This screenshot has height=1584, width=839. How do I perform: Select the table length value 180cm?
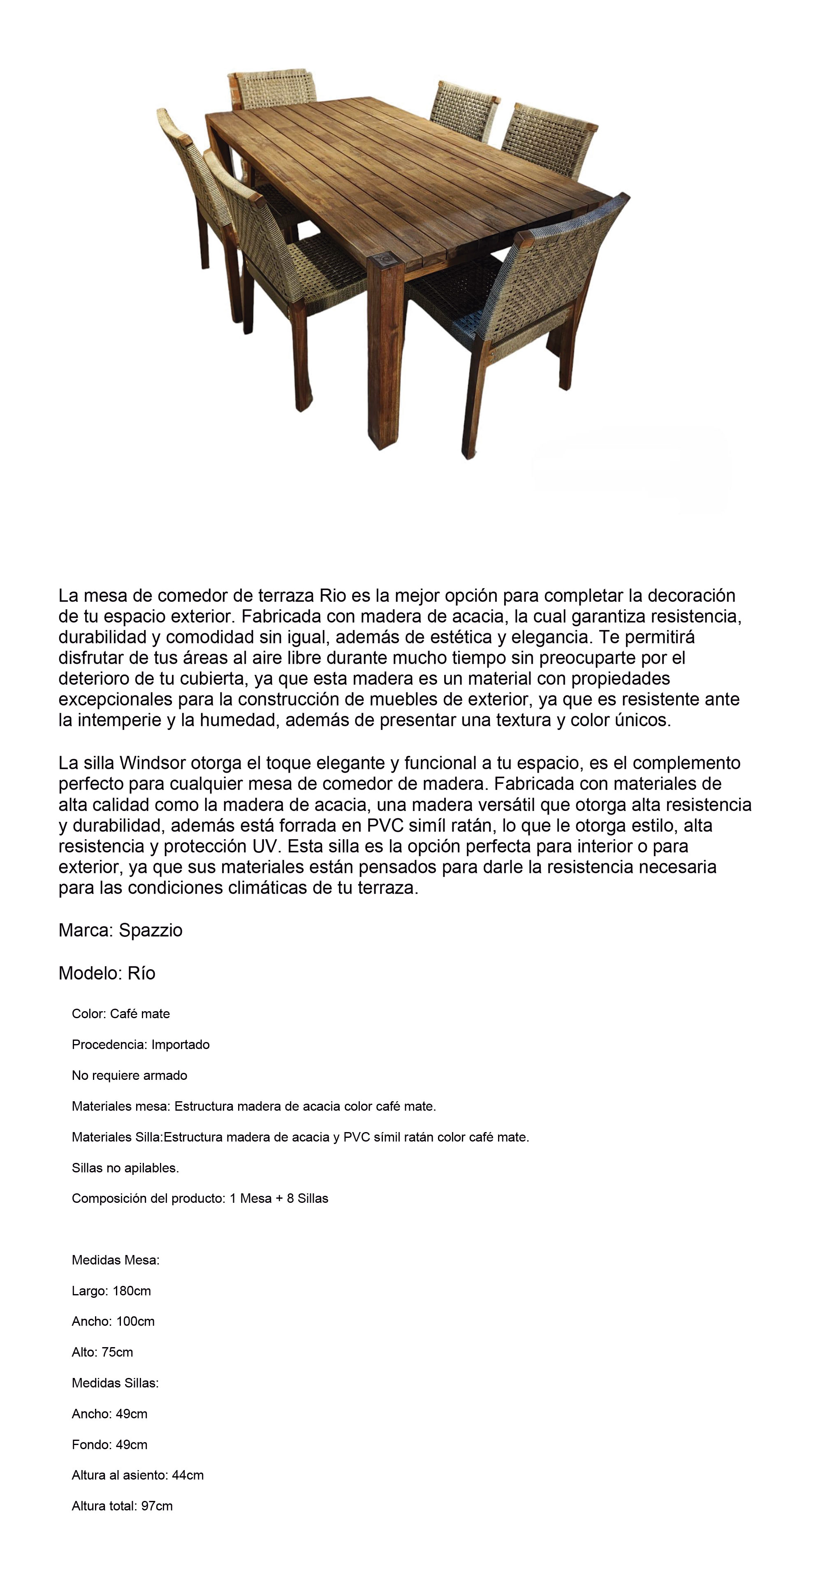[x=132, y=1291]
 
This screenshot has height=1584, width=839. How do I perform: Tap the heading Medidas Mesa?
[x=116, y=1260]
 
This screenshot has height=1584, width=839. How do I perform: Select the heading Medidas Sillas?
[x=115, y=1383]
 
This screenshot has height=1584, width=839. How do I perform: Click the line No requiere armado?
[x=129, y=1075]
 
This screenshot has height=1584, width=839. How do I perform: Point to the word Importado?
[x=180, y=1045]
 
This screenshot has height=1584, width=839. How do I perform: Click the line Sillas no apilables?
[x=125, y=1168]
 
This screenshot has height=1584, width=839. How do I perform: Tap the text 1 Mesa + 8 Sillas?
[x=279, y=1198]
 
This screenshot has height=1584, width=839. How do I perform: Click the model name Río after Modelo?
[x=141, y=973]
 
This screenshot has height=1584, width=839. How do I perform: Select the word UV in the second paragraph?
[x=265, y=847]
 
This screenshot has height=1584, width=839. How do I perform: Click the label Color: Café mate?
[x=121, y=1014]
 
